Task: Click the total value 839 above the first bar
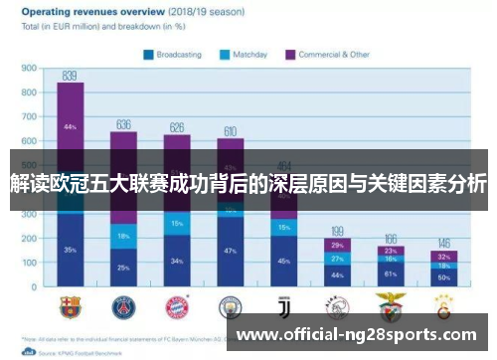point(70,76)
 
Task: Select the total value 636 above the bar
point(123,124)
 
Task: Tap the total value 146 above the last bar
point(443,243)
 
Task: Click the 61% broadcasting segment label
point(390,273)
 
